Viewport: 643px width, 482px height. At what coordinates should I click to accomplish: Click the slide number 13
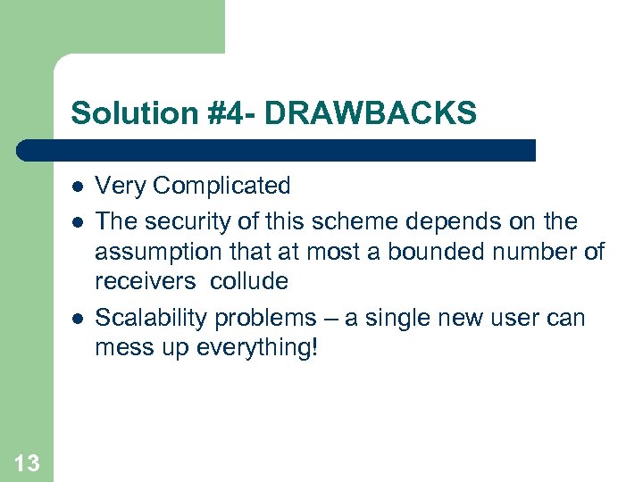[x=27, y=462]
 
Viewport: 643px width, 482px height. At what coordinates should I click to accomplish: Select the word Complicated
[x=221, y=187]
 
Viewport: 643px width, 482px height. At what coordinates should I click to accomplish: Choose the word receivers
[x=146, y=282]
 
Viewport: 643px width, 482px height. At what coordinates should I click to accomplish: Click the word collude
[x=249, y=282]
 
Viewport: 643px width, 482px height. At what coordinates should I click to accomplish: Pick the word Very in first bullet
[x=121, y=187]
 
